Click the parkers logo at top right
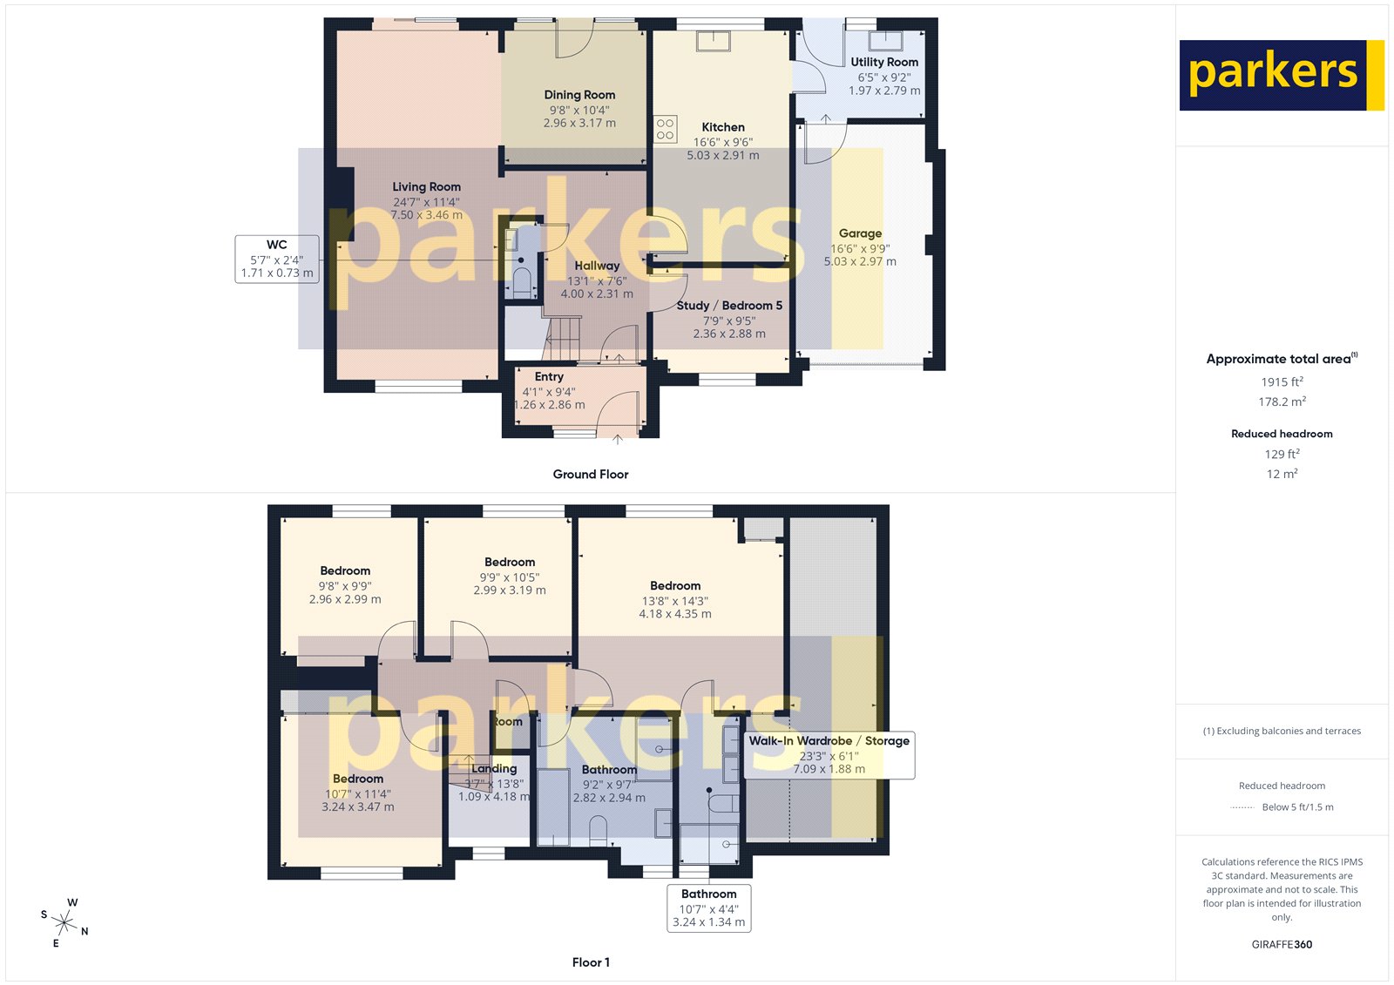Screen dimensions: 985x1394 pos(1281,75)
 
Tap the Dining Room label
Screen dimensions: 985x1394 pos(579,95)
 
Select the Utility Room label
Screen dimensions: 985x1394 pos(884,62)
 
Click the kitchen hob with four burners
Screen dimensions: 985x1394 pos(666,130)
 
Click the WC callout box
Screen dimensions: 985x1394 pos(276,259)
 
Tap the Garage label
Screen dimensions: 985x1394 pos(860,233)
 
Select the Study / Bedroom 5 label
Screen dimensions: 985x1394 pos(729,306)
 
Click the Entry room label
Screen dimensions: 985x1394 pos(549,377)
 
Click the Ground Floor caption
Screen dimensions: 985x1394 pos(590,475)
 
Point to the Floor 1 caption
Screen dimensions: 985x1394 pos(591,962)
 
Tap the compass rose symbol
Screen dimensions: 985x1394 pos(64,921)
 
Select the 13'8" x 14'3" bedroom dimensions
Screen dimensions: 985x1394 pos(675,601)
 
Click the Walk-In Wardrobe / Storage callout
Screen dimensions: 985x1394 pos(829,754)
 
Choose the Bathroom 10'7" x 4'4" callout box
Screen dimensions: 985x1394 pos(708,907)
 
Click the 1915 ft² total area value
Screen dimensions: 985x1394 pos(1282,381)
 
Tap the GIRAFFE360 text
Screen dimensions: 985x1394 pos(1282,944)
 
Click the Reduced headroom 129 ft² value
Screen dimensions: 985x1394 pos(1282,454)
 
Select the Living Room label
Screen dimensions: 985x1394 pos(426,186)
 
